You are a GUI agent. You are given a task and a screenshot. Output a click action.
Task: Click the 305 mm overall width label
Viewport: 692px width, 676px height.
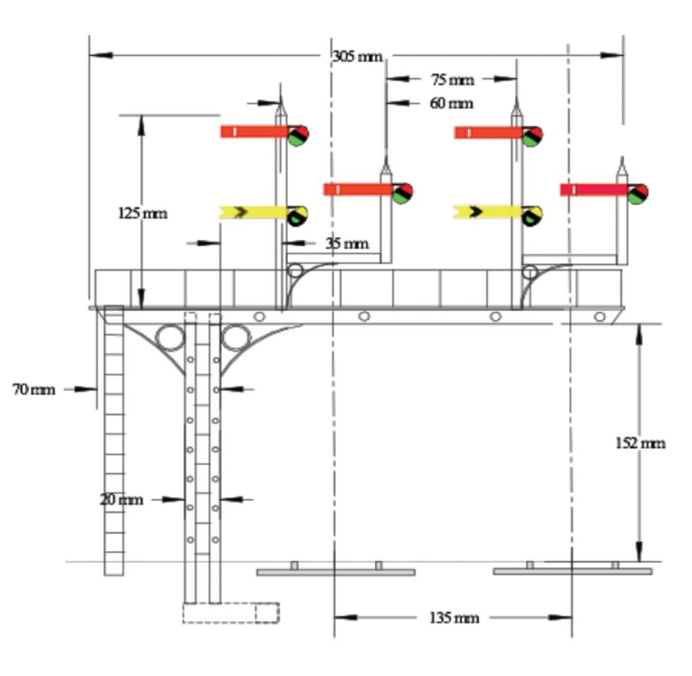pos(358,56)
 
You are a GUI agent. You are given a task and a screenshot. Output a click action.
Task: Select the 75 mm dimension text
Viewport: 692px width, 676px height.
pos(452,80)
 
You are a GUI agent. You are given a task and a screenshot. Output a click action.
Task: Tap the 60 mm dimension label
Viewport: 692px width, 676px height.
pos(451,103)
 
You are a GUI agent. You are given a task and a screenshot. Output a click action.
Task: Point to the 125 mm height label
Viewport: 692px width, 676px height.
pos(143,214)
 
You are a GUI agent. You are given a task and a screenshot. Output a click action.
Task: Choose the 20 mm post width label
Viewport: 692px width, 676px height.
pos(122,500)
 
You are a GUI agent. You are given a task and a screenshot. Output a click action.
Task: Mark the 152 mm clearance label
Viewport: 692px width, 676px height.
pos(640,443)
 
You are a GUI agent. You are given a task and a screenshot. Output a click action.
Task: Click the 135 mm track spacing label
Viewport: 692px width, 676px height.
pos(454,618)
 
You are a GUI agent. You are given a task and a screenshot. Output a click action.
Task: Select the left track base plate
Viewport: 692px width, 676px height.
pos(336,572)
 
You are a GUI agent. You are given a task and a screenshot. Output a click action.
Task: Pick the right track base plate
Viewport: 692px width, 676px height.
pos(572,572)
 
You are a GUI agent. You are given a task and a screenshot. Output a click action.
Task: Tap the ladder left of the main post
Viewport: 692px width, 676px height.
pos(114,439)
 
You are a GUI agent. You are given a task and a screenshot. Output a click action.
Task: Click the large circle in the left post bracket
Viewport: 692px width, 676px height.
pos(170,337)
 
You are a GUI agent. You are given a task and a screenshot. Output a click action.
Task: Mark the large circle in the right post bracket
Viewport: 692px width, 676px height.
pos(236,337)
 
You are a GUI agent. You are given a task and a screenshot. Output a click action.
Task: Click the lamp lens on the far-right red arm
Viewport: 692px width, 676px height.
pos(637,194)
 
